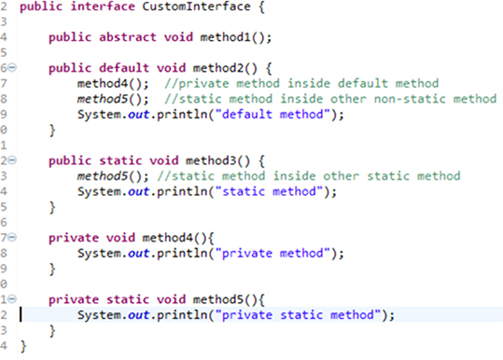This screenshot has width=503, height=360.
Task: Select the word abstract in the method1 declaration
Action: click(x=127, y=37)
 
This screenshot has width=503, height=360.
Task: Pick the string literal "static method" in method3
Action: click(x=271, y=191)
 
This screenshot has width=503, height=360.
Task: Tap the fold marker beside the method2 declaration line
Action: click(x=9, y=68)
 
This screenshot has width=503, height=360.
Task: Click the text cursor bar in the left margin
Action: click(x=21, y=314)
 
